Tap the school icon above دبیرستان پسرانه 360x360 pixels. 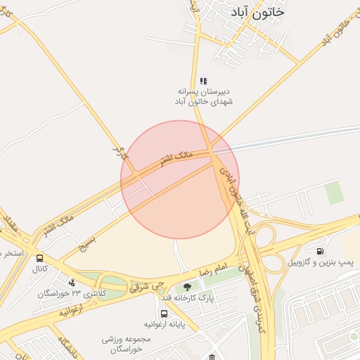203,81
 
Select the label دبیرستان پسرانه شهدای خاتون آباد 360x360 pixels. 203,96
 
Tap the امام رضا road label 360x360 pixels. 214,270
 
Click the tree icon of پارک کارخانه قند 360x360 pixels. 187,287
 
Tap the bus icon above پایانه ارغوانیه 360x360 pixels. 164,314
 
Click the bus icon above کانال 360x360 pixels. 39,258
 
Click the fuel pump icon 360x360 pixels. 320,251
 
